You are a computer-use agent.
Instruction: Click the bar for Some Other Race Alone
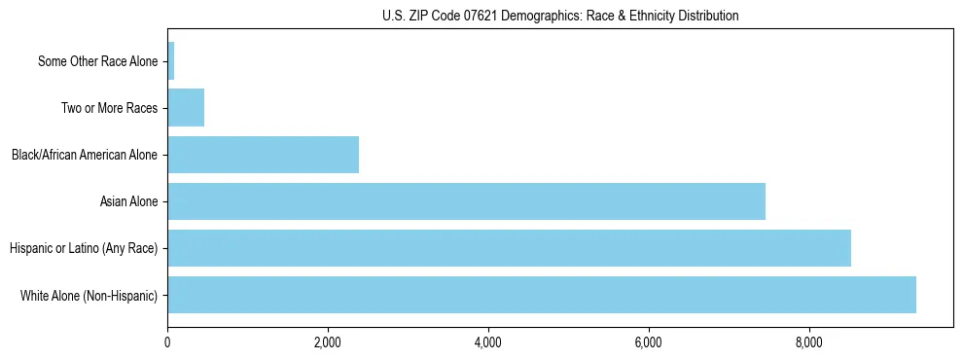coord(171,61)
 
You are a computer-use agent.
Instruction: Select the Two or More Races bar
coord(186,108)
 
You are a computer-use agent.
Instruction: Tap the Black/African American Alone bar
coord(263,155)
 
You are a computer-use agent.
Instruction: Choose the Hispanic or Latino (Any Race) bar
coord(509,248)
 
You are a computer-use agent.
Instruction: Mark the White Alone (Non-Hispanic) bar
coord(542,295)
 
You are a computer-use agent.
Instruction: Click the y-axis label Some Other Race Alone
coord(97,61)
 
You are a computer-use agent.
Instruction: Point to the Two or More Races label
coord(109,108)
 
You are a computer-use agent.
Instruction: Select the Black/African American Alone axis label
coord(84,155)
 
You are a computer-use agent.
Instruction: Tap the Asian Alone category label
coord(128,201)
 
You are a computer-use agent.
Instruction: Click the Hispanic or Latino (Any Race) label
coord(84,248)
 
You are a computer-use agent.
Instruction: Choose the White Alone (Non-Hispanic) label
coord(89,295)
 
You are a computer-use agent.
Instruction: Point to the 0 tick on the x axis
coord(167,342)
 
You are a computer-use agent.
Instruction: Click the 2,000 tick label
coord(328,342)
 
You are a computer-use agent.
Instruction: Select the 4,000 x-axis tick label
coord(488,342)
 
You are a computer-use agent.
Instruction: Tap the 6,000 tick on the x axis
coord(649,342)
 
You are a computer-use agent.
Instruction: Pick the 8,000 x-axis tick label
coord(809,342)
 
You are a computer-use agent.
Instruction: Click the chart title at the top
coord(560,17)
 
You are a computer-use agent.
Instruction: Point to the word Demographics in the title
coord(526,17)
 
